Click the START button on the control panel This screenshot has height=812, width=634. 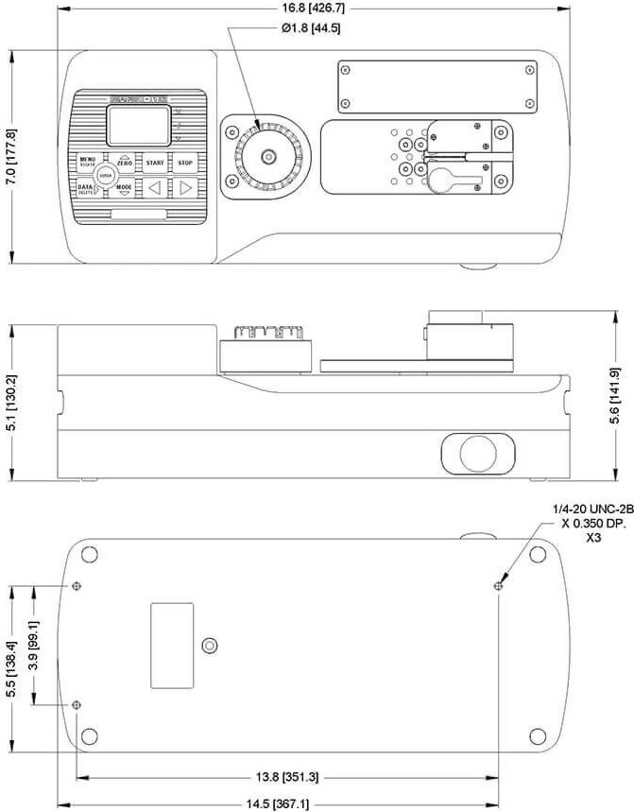(x=154, y=163)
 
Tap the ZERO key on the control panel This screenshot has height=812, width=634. (x=125, y=163)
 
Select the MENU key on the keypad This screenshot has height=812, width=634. (x=88, y=161)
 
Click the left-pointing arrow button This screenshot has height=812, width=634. (x=154, y=187)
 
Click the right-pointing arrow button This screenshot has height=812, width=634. (x=186, y=187)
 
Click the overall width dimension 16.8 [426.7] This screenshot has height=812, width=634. (x=308, y=8)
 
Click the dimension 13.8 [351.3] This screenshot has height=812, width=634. (x=287, y=777)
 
